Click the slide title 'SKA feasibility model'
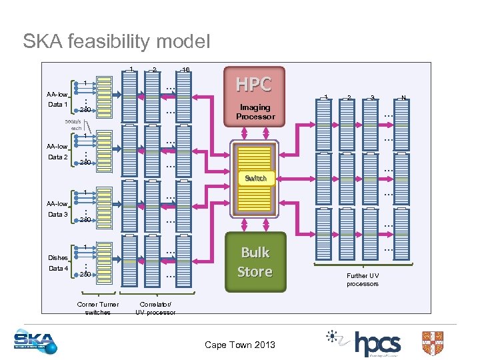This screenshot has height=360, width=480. point(116,41)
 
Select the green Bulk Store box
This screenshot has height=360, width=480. point(255,262)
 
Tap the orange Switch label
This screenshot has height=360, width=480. point(255,178)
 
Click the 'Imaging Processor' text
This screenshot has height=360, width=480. point(255,112)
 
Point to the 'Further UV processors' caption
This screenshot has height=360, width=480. point(362,279)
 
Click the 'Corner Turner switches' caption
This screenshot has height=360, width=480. point(98,308)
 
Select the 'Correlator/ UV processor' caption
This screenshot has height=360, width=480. point(156,308)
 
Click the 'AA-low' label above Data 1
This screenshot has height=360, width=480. point(57,95)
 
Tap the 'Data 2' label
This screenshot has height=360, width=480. point(57,157)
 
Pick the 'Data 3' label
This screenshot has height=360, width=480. point(57,215)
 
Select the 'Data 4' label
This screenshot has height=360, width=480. point(57,268)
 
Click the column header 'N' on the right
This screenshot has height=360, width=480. point(403,98)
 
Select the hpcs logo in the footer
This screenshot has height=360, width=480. point(377,343)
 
